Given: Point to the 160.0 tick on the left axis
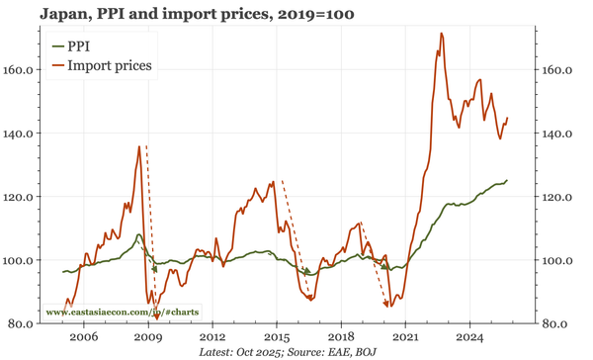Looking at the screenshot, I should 26,70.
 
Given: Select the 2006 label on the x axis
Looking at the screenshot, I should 83,336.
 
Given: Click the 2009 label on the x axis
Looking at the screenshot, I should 147,336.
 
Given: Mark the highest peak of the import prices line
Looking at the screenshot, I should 441,34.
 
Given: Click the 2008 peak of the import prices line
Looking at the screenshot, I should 138,146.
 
